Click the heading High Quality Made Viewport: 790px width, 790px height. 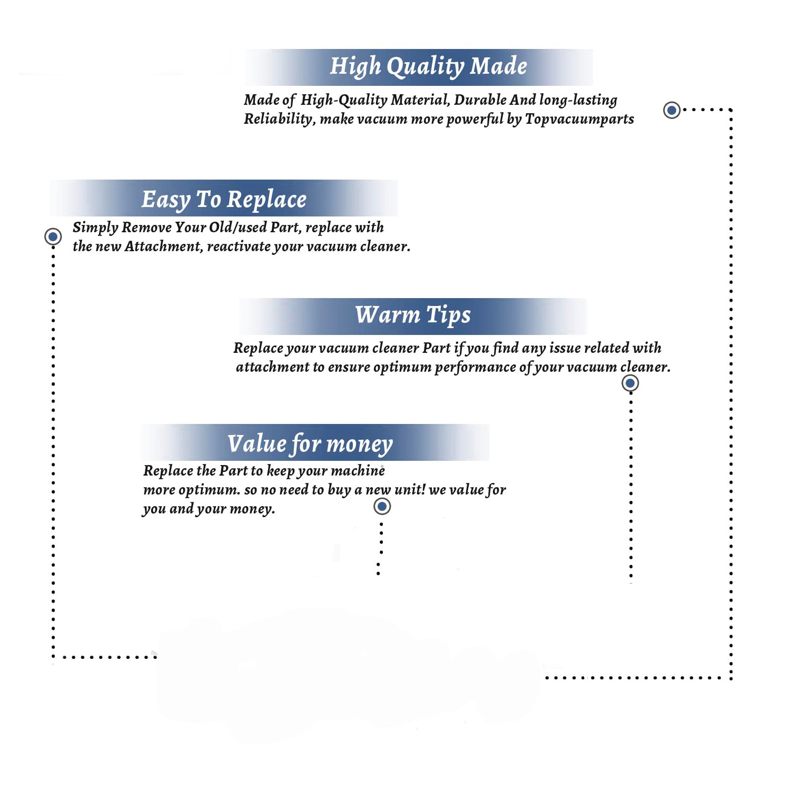428,67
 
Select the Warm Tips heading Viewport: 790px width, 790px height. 412,315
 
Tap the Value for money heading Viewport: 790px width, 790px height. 310,444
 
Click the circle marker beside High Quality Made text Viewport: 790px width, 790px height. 671,110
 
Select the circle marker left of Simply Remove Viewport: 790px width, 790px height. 53,236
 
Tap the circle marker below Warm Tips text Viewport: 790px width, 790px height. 630,383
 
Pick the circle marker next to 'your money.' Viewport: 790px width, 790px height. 382,507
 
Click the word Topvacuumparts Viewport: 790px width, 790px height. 579,120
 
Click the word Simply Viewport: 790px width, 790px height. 95,228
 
